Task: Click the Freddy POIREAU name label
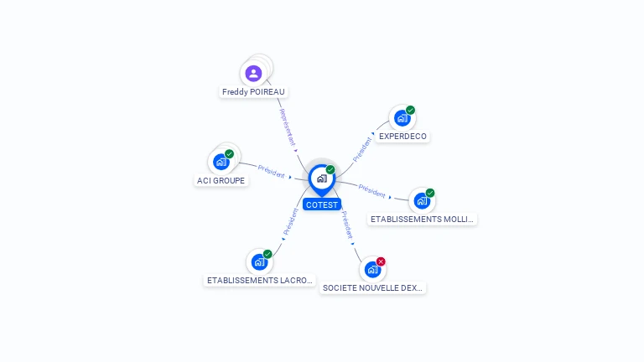click(x=254, y=91)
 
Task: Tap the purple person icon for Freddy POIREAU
click(x=253, y=73)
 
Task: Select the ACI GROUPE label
click(x=221, y=180)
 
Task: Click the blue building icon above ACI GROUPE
click(x=221, y=162)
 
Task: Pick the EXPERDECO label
click(x=402, y=136)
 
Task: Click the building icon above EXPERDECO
click(x=402, y=118)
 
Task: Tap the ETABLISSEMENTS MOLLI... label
click(x=422, y=220)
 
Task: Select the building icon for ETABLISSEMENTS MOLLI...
click(x=421, y=201)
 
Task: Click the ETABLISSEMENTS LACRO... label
click(x=260, y=280)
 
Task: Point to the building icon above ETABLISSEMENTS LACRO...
click(x=259, y=261)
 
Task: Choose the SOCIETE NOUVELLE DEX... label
click(x=373, y=287)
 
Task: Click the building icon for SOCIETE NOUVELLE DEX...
click(x=372, y=270)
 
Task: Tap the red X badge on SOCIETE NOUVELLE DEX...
click(x=381, y=261)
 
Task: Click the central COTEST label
click(x=322, y=204)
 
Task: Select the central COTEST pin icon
click(x=321, y=178)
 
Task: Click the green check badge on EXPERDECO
click(x=410, y=110)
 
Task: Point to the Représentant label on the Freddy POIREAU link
click(x=288, y=127)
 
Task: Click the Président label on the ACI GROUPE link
click(x=272, y=170)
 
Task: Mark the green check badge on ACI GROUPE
click(x=229, y=154)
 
